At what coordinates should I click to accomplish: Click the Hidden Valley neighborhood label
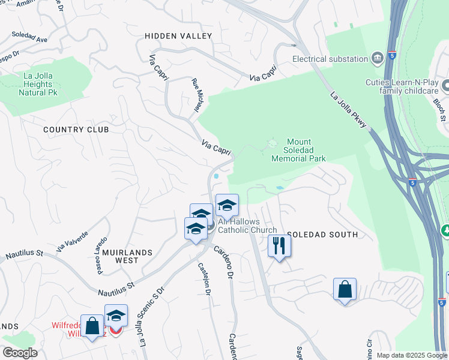click(x=178, y=36)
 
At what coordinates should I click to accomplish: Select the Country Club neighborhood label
click(x=76, y=130)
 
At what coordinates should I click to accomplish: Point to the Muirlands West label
click(x=127, y=256)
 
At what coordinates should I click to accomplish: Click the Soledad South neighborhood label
click(x=322, y=235)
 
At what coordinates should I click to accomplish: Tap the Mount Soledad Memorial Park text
click(x=298, y=154)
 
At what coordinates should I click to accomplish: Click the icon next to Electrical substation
click(x=378, y=58)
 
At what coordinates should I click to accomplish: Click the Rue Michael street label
click(x=196, y=96)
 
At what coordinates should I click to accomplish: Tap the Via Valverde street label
click(x=72, y=241)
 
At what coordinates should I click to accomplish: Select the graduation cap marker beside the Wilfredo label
click(x=116, y=316)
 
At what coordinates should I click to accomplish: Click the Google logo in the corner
click(x=20, y=353)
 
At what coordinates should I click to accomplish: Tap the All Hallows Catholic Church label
click(x=247, y=226)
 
